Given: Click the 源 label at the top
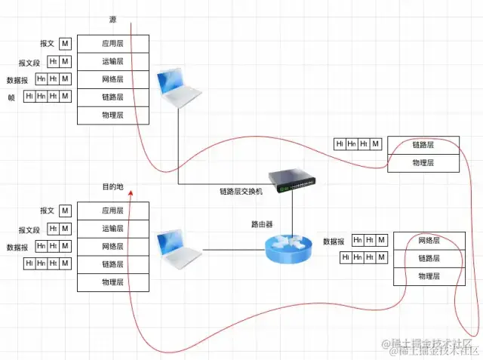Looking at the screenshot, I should pyautogui.click(x=112, y=18).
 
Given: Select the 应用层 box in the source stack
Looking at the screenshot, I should pyautogui.click(x=112, y=44).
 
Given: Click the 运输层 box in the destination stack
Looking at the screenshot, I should pyautogui.click(x=112, y=229).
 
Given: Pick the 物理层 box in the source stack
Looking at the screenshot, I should pyautogui.click(x=112, y=115).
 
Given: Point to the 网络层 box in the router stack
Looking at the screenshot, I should pyautogui.click(x=428, y=241).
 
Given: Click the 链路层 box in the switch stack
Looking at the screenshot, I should pyautogui.click(x=423, y=144).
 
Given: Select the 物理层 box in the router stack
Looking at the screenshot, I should pyautogui.click(x=428, y=276).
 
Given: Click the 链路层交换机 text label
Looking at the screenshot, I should pyautogui.click(x=241, y=192).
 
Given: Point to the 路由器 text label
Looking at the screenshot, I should pyautogui.click(x=262, y=224).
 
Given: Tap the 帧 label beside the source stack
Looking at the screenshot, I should pyautogui.click(x=11, y=97).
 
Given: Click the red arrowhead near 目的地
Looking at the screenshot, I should pyautogui.click(x=131, y=193).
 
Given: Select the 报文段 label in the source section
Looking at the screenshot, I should pyautogui.click(x=29, y=63).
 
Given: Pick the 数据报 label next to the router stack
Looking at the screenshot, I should pyautogui.click(x=334, y=242).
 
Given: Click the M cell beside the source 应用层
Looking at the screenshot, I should pyautogui.click(x=65, y=45).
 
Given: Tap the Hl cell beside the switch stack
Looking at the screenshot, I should pyautogui.click(x=340, y=144).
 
